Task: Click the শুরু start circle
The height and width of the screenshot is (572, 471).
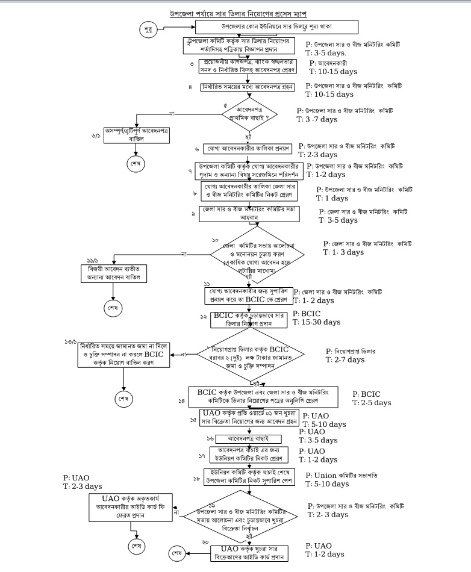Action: [x=149, y=30]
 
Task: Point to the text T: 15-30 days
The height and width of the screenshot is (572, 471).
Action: [x=316, y=322]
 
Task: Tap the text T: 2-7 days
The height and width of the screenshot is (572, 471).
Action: [x=345, y=359]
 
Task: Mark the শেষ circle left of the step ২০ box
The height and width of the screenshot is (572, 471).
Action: [x=178, y=553]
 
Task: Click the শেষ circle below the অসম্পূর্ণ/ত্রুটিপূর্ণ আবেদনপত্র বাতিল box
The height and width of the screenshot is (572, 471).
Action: [x=134, y=164]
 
